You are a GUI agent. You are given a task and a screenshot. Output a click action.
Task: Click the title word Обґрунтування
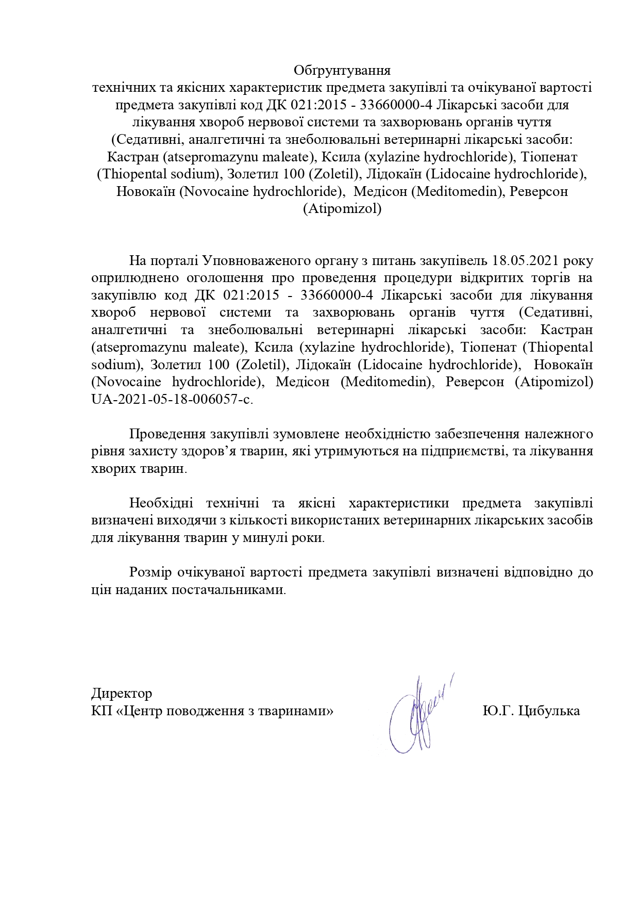[x=342, y=70]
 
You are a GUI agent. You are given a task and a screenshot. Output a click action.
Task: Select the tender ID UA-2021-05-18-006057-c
[x=172, y=400]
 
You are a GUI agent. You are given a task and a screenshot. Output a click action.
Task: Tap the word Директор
[x=122, y=693]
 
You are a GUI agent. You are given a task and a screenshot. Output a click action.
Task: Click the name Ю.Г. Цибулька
[x=531, y=711]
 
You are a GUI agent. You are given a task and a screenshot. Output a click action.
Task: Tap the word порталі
[x=173, y=259]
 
